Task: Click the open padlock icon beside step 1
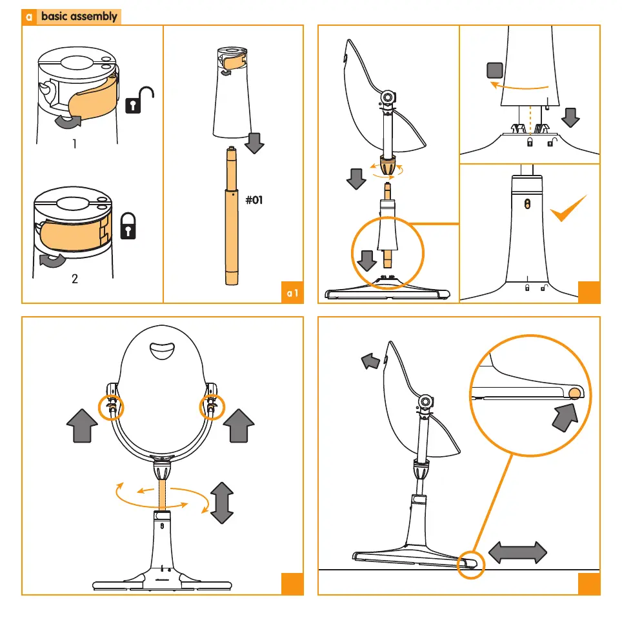click(139, 101)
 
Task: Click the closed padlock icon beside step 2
click(128, 226)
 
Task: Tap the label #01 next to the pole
click(254, 200)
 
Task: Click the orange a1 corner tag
click(292, 293)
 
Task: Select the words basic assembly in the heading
click(79, 16)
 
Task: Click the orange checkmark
click(568, 208)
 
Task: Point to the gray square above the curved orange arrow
click(495, 70)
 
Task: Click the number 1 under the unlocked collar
click(75, 144)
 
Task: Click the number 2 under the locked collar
click(75, 279)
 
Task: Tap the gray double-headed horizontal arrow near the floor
click(517, 552)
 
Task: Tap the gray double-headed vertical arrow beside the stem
click(222, 503)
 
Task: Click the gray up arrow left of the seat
click(82, 426)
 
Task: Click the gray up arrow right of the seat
click(239, 426)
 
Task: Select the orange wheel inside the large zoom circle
click(575, 394)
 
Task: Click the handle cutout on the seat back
click(162, 351)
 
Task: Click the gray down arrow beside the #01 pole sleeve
click(254, 143)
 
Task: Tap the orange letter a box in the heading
click(29, 17)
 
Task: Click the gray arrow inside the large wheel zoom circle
click(566, 417)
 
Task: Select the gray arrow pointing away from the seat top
click(370, 361)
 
